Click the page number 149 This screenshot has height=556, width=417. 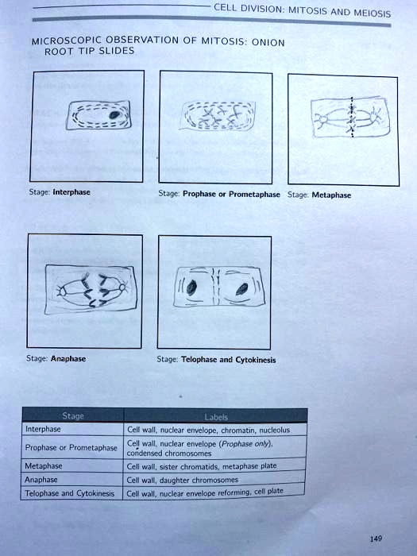[x=376, y=539]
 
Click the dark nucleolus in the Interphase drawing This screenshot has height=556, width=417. [x=115, y=115]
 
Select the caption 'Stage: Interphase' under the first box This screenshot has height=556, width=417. [x=60, y=192]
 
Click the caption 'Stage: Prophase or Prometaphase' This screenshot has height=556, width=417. [x=218, y=193]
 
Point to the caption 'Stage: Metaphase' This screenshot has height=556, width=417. [x=319, y=195]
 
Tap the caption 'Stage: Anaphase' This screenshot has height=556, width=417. [x=56, y=358]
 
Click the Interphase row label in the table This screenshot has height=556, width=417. [x=43, y=429]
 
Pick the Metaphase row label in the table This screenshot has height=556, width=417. [x=44, y=466]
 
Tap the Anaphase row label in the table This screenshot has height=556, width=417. [x=42, y=480]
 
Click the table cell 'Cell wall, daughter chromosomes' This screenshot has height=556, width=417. [x=182, y=479]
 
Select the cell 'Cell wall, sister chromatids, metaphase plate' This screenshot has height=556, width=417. [x=202, y=466]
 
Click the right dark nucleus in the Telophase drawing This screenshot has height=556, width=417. [x=238, y=290]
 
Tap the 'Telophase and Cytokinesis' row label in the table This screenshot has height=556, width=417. [x=70, y=493]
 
